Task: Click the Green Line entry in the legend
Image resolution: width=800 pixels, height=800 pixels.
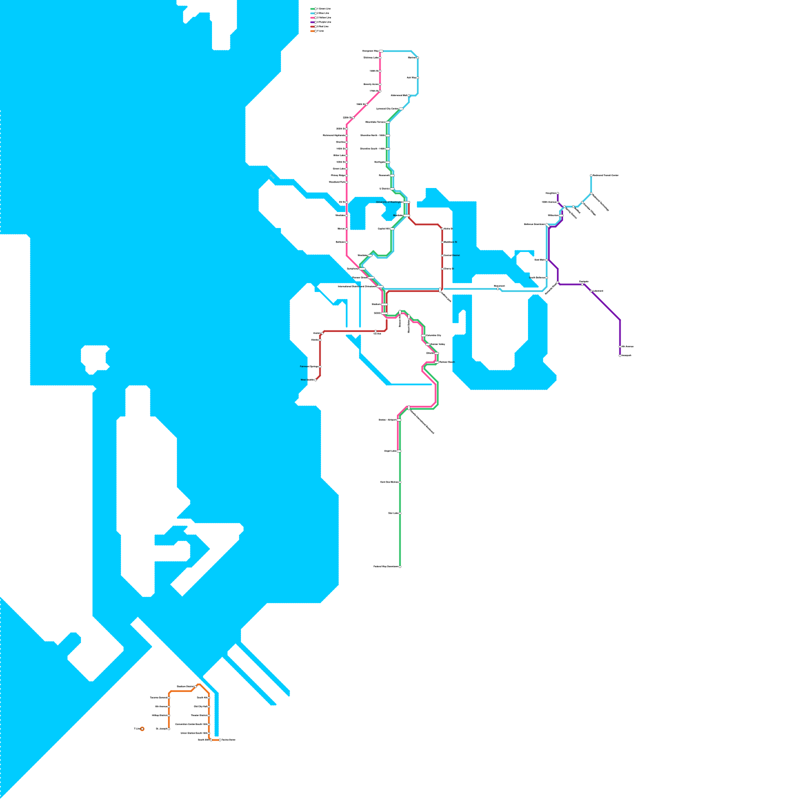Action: pyautogui.click(x=320, y=9)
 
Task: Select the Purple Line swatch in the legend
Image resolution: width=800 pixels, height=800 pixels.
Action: pyautogui.click(x=313, y=22)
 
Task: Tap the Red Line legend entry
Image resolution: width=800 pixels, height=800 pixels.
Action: pyautogui.click(x=320, y=26)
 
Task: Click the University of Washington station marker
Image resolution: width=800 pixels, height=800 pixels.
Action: pyautogui.click(x=406, y=202)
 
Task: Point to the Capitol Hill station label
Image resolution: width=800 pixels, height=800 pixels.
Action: pyautogui.click(x=383, y=228)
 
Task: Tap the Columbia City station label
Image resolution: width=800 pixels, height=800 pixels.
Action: pyautogui.click(x=434, y=335)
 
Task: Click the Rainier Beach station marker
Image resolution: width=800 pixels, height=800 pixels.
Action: pyautogui.click(x=436, y=362)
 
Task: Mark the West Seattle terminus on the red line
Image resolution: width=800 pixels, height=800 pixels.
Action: pyautogui.click(x=315, y=380)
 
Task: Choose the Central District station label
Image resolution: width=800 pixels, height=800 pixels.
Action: pyautogui.click(x=452, y=255)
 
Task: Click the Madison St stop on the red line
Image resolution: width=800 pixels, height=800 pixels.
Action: pyautogui.click(x=442, y=242)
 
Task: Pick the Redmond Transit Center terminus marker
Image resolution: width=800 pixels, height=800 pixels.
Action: pyautogui.click(x=591, y=175)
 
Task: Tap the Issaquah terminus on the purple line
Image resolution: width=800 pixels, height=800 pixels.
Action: pyautogui.click(x=620, y=355)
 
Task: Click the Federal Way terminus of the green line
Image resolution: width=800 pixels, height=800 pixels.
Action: pyautogui.click(x=400, y=566)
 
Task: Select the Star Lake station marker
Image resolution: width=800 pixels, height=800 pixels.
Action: pyautogui.click(x=400, y=513)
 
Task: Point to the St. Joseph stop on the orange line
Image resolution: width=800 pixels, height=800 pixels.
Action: pyautogui.click(x=169, y=729)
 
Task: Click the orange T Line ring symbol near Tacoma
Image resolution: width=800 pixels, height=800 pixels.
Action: pyautogui.click(x=142, y=729)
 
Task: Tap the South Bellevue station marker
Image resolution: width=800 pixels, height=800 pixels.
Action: pyautogui.click(x=546, y=277)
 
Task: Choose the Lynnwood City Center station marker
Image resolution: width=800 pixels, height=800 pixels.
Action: pyautogui.click(x=401, y=109)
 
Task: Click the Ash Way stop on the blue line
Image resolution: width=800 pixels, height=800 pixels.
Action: pyautogui.click(x=417, y=78)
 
